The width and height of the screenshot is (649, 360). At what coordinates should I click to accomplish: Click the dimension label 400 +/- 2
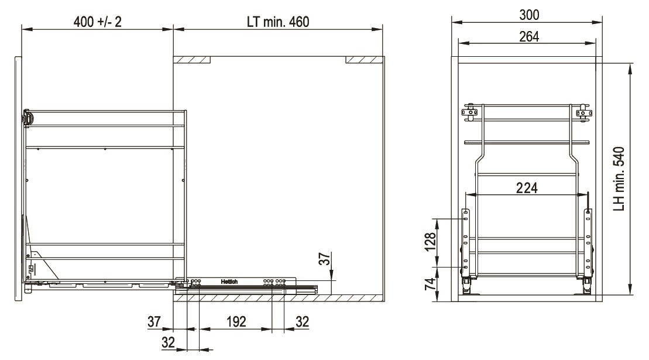click(98, 22)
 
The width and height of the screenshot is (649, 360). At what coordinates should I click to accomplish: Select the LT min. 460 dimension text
click(278, 22)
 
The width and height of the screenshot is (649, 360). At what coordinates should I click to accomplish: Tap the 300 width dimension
click(529, 15)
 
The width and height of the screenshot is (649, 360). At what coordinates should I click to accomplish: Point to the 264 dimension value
click(529, 37)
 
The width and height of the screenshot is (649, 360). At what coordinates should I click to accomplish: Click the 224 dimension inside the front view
click(527, 188)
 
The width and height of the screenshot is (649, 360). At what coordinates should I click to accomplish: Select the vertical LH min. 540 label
click(619, 179)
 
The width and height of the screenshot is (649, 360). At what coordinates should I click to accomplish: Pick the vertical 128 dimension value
click(431, 242)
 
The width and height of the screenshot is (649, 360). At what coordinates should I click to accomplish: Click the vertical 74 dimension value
click(431, 284)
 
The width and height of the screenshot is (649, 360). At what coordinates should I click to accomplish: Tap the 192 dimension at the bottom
click(236, 321)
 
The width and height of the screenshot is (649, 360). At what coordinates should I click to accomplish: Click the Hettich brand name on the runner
click(229, 282)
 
